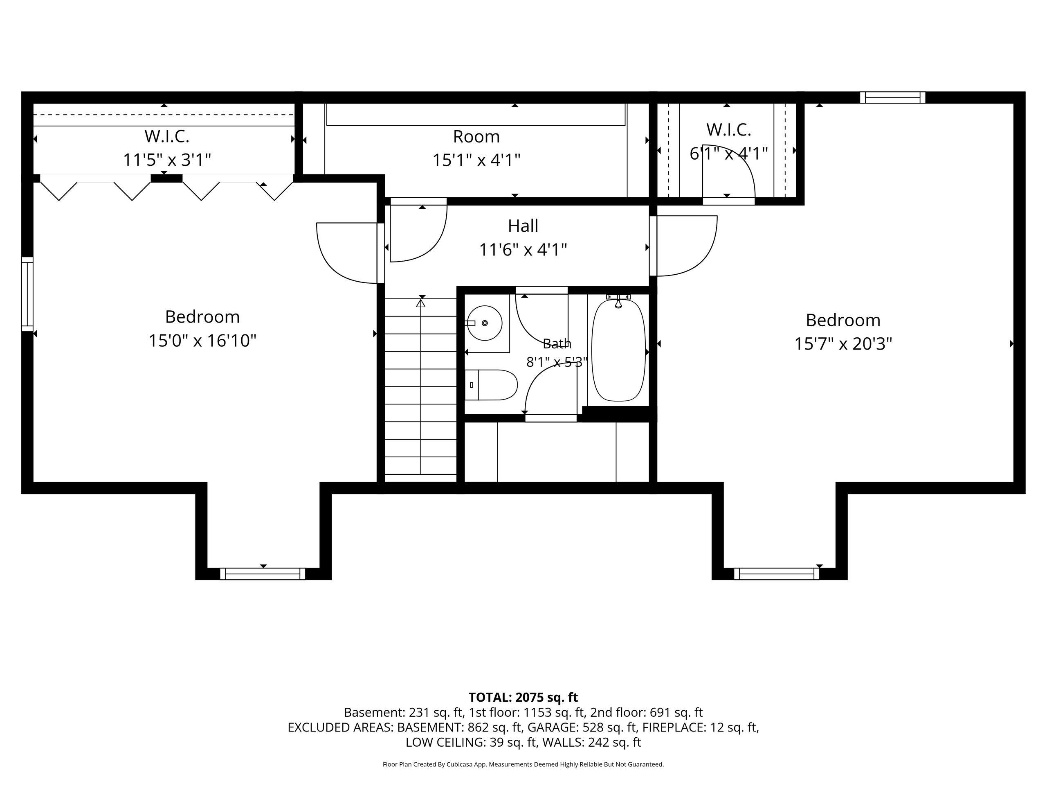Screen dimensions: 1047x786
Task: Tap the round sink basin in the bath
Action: (485, 323)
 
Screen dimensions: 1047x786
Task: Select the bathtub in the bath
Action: (618, 350)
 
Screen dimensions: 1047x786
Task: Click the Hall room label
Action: (523, 226)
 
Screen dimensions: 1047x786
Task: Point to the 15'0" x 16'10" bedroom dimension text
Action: (202, 341)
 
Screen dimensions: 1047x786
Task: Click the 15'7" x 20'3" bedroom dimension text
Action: (843, 344)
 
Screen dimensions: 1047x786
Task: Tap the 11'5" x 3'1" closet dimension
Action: (167, 160)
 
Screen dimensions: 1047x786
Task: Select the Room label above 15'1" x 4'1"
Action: (476, 137)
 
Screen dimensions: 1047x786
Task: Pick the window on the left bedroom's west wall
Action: (27, 294)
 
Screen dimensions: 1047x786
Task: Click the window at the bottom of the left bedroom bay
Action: (263, 574)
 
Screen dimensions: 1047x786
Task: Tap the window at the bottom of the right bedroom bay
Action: (776, 574)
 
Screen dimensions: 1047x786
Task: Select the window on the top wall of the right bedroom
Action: (892, 97)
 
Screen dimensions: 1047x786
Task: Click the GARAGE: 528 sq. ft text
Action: (582, 727)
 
